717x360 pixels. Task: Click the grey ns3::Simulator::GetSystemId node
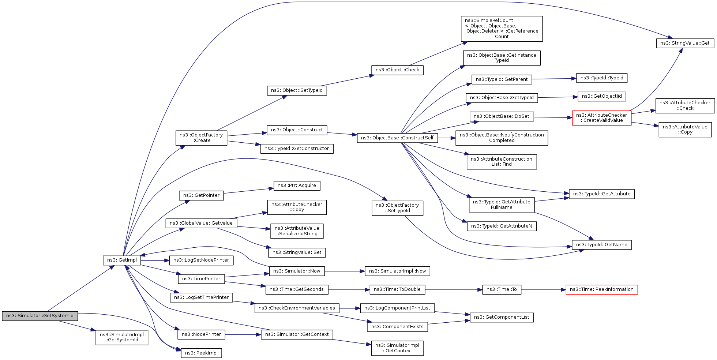click(40, 316)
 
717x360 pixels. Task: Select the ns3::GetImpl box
click(122, 260)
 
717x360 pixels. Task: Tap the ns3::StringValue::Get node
click(684, 43)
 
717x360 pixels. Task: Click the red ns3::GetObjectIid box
click(601, 96)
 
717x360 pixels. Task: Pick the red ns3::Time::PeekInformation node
click(601, 289)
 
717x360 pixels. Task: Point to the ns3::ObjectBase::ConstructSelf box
click(397, 138)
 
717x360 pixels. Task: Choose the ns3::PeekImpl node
click(201, 353)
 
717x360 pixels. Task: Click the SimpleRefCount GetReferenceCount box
click(502, 29)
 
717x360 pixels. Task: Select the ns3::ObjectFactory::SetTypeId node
click(397, 208)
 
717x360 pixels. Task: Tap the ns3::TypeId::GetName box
click(601, 245)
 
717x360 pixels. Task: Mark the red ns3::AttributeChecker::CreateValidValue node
click(601, 118)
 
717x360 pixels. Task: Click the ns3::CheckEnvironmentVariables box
click(297, 308)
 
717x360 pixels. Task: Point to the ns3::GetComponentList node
click(501, 317)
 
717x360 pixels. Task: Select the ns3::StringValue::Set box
click(297, 252)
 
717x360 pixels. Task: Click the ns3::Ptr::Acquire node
click(297, 185)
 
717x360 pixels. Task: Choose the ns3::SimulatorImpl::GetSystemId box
click(122, 337)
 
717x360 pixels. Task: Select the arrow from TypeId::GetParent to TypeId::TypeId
click(554, 79)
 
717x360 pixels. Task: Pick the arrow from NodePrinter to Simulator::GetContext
click(243, 334)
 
